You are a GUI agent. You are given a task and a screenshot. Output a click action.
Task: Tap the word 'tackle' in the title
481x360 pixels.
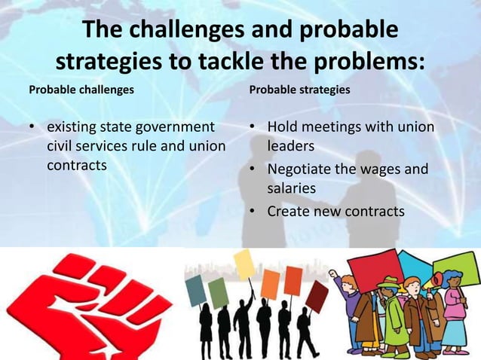pos(234,60)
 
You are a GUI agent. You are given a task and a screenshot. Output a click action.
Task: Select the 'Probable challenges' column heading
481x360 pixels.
pos(81,90)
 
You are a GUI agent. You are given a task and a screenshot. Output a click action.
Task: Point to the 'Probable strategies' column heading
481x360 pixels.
pos(299,90)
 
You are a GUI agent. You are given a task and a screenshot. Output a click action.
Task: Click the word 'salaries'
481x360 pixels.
pos(292,188)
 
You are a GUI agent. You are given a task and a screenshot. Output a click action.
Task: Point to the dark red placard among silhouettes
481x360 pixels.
pos(317,296)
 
